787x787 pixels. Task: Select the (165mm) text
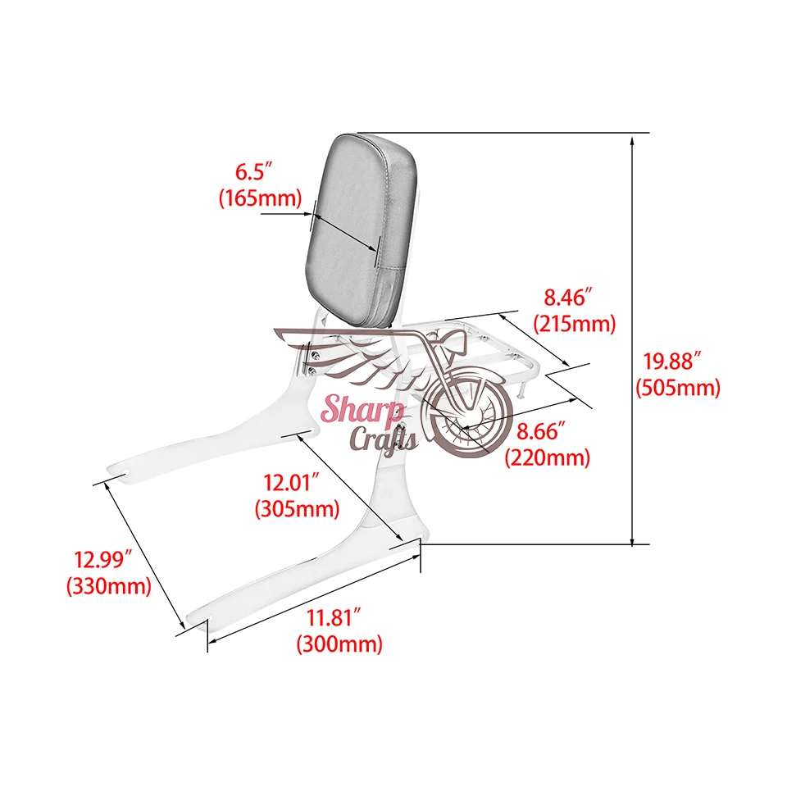(261, 198)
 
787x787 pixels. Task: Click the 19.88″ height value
(672, 361)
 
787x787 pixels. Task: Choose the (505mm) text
(678, 388)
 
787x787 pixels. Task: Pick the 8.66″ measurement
(541, 431)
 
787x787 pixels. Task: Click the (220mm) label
(548, 457)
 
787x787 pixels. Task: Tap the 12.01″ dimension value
(292, 483)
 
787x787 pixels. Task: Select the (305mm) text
(298, 509)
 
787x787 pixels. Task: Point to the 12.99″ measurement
(103, 560)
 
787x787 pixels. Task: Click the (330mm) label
(109, 585)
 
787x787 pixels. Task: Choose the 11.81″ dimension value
(334, 617)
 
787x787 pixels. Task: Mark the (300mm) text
(339, 644)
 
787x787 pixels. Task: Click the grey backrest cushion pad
(362, 229)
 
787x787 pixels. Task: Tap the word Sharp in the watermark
(362, 409)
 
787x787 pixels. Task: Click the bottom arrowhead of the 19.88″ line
(632, 539)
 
